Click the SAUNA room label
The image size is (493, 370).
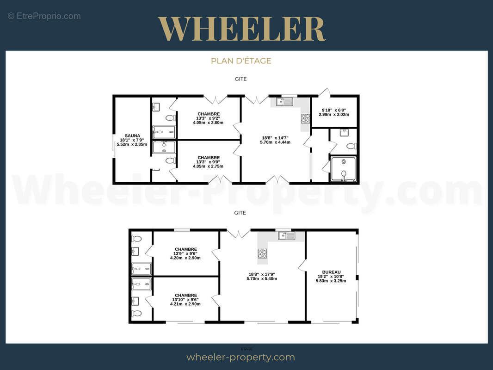(x=132, y=136)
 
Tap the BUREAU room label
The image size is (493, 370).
(x=331, y=272)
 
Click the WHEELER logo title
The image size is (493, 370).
(x=241, y=29)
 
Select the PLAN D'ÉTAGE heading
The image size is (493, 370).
(x=241, y=61)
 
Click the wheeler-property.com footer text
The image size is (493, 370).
(x=240, y=357)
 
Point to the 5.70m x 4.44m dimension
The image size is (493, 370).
(x=275, y=142)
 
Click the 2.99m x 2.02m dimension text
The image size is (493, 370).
(x=334, y=114)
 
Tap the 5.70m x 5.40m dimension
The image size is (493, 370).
(x=262, y=278)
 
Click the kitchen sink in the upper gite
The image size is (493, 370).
(x=284, y=102)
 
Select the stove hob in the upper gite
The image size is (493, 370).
(x=305, y=118)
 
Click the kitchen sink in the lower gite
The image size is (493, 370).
(x=286, y=235)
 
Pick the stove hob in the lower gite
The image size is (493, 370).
(x=262, y=253)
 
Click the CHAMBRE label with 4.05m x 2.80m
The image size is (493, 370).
(x=209, y=114)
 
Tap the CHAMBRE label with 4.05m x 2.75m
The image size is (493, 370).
(x=209, y=158)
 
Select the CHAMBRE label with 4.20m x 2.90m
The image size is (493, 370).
(x=186, y=249)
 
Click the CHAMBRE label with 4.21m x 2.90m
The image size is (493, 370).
(x=186, y=295)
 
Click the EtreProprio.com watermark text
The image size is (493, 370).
(x=44, y=16)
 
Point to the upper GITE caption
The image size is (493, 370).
(x=240, y=79)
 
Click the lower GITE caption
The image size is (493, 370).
(x=240, y=213)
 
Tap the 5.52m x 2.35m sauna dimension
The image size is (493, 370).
(x=132, y=145)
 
